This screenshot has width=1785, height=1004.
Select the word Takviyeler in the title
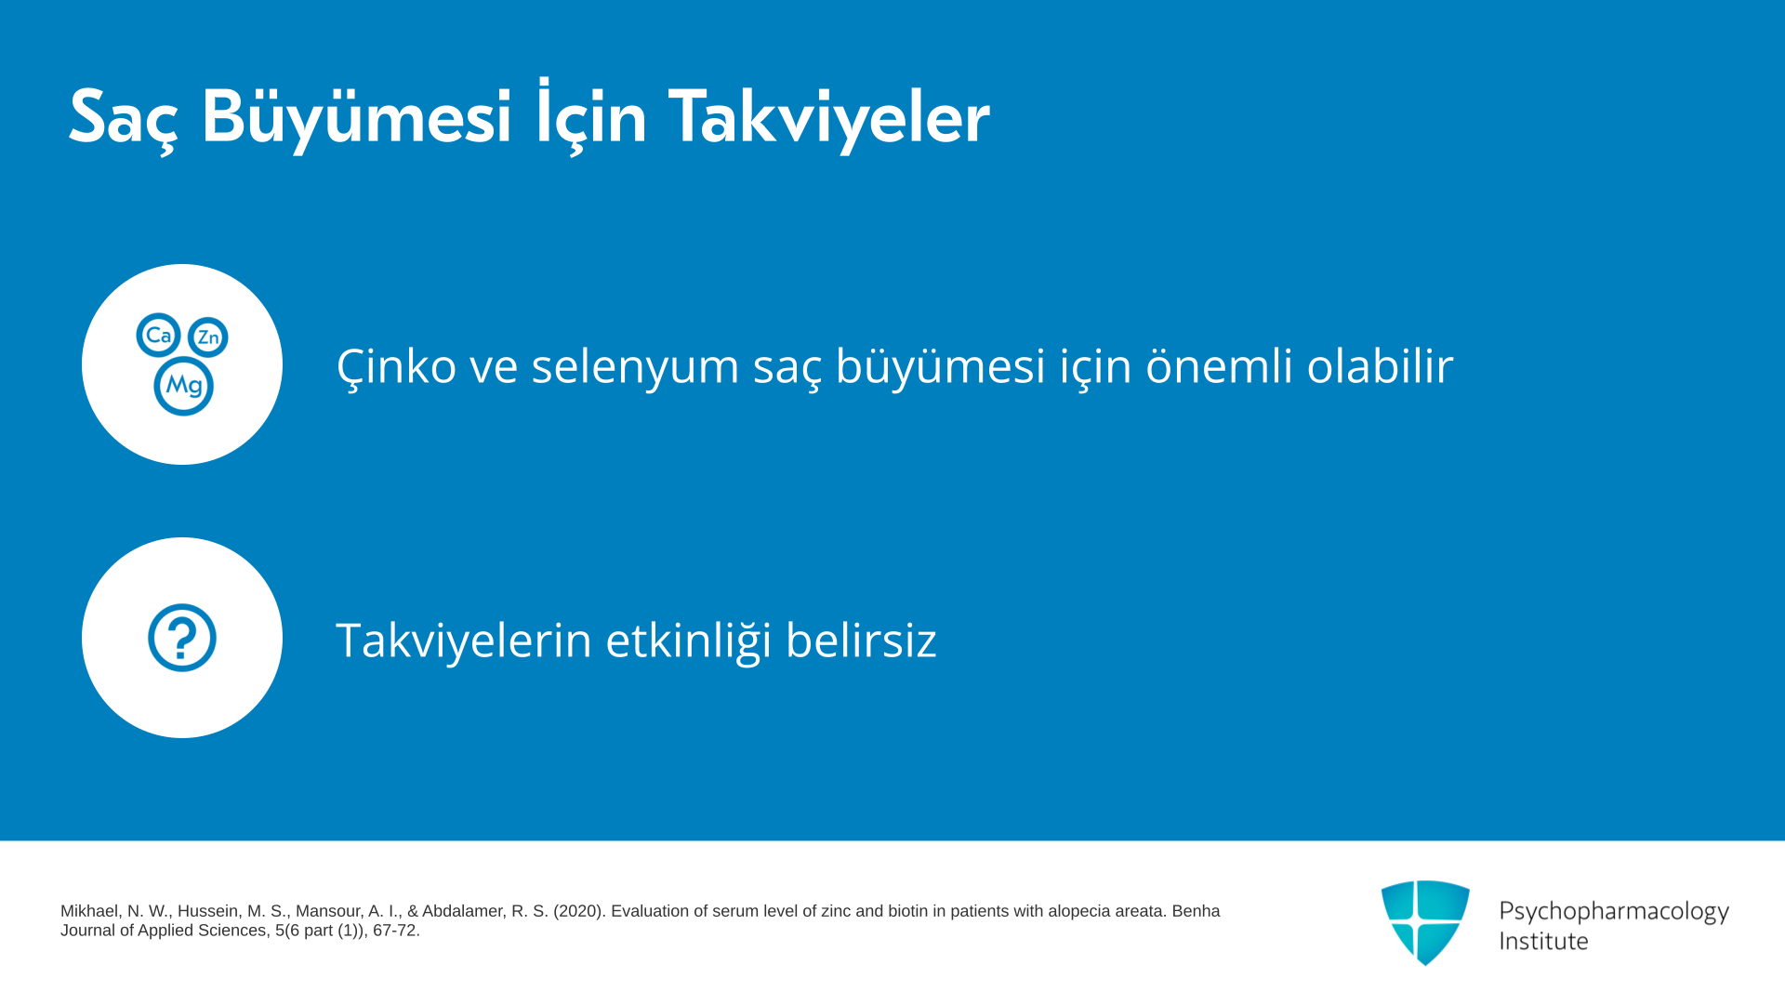click(x=828, y=118)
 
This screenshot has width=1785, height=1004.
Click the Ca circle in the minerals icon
click(x=158, y=335)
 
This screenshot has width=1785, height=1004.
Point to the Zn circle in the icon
click(x=208, y=337)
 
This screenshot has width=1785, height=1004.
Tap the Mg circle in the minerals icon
click(x=183, y=386)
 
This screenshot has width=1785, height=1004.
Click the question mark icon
click(x=182, y=638)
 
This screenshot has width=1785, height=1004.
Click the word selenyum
click(x=635, y=366)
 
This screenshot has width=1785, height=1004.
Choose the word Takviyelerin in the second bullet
click(x=464, y=641)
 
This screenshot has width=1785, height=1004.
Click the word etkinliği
click(x=689, y=641)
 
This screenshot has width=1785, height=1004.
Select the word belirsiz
click(x=861, y=640)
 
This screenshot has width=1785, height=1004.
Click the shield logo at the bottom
click(x=1425, y=923)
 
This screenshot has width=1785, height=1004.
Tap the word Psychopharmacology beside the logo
click(x=1614, y=912)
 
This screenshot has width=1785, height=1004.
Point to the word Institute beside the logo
click(x=1543, y=941)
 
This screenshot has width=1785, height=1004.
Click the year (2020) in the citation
click(x=579, y=911)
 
